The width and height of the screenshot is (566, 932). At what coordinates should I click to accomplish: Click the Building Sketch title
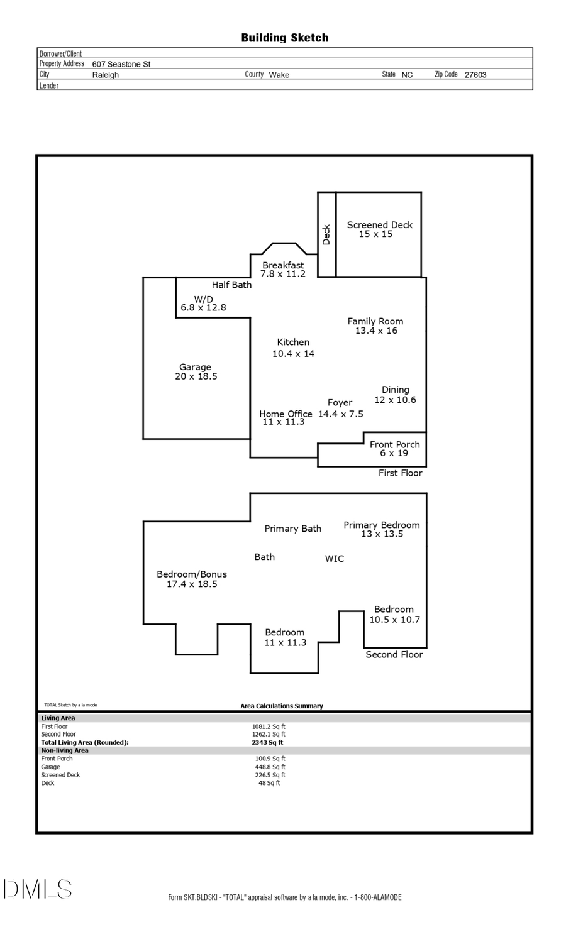point(284,38)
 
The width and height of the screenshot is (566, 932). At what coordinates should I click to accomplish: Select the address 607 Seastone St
point(121,64)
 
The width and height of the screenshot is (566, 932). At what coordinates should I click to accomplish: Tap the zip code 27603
point(475,75)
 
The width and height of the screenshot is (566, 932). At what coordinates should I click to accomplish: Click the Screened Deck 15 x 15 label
point(379,229)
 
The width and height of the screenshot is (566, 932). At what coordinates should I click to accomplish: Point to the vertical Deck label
point(326,234)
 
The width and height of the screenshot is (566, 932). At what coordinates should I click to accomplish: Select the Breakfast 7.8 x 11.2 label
point(283,270)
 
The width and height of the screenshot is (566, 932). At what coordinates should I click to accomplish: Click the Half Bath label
point(231,285)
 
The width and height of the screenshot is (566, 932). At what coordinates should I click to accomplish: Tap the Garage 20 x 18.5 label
point(196,371)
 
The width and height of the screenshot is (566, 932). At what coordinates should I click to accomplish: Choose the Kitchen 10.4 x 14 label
point(293,348)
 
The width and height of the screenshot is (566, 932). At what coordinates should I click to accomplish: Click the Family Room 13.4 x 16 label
point(375,326)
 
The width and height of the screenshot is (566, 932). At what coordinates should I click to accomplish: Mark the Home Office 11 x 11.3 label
point(286,417)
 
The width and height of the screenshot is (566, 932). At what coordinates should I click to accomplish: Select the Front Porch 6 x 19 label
point(394,449)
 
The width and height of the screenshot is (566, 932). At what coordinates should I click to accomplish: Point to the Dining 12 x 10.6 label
point(395,395)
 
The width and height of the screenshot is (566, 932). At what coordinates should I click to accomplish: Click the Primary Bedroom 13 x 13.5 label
point(381,529)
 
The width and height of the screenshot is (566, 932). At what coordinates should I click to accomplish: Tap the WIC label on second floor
point(335,559)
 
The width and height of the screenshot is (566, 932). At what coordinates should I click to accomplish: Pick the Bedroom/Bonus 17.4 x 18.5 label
point(192,579)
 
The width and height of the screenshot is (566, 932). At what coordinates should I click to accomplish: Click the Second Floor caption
point(394,655)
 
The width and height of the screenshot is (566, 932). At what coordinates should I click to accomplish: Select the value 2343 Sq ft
point(267,742)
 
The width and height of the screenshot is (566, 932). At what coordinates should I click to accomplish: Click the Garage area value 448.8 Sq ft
point(270,767)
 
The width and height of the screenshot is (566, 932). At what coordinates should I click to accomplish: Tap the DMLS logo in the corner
point(37,889)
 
